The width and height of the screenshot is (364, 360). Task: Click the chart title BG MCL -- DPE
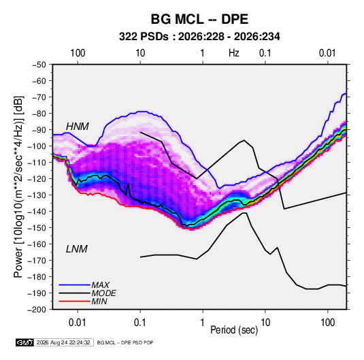point(199,19)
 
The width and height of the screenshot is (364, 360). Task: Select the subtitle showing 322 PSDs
point(199,37)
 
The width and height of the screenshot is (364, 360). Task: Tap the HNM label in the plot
point(78,127)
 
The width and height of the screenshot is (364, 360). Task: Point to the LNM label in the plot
point(77,249)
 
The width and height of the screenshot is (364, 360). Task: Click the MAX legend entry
point(100,284)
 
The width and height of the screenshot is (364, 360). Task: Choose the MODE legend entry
point(103,293)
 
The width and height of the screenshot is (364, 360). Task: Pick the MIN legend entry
point(99,301)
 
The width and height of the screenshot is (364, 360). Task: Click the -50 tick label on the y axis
point(39,65)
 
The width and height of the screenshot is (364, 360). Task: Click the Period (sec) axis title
point(234,330)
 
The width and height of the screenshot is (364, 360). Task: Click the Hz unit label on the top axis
point(234,53)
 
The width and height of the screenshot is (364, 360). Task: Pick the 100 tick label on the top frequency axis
point(78,53)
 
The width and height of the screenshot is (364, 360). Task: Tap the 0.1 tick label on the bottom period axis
point(140,323)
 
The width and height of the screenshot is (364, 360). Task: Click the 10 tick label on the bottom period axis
point(265,323)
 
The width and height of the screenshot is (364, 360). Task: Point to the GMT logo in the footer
point(25,342)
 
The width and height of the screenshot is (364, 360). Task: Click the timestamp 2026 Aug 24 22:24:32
point(63,342)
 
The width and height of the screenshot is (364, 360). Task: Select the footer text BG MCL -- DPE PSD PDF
point(125,342)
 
